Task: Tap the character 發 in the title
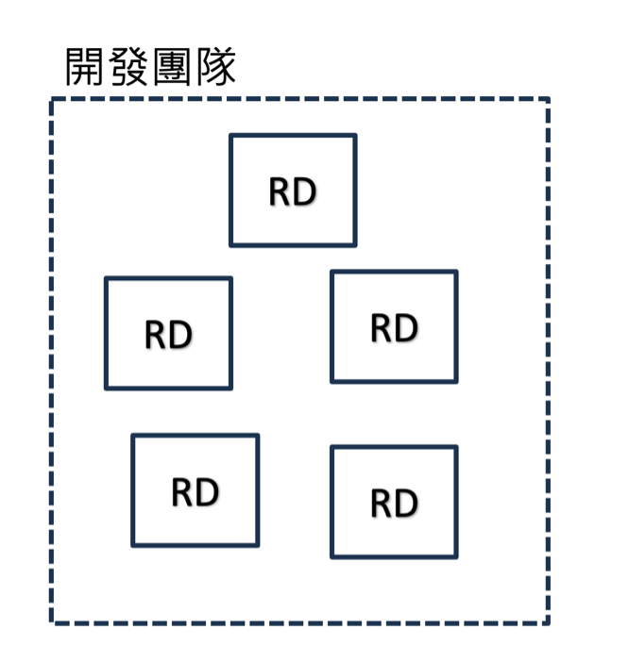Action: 128,67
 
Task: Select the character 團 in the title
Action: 172,67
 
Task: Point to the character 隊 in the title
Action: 215,67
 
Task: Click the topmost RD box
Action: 293,190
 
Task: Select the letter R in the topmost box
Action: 280,191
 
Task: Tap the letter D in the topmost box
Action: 304,191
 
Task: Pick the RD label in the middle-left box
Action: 168,335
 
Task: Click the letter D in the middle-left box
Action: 180,335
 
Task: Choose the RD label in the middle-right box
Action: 394,328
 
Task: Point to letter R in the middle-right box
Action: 382,328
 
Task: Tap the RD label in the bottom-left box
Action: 195,491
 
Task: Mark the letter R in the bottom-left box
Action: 182,491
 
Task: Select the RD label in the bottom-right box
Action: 394,503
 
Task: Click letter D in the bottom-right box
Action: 406,503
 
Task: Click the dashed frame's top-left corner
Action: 52,99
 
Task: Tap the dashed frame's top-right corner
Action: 548,99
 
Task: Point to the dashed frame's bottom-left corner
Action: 52,622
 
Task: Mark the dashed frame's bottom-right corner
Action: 548,622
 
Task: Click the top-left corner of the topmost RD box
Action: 231,136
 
